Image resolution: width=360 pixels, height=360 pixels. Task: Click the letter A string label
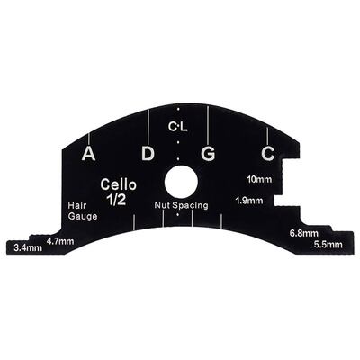click(x=89, y=154)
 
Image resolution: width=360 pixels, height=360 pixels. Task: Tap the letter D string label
click(x=148, y=154)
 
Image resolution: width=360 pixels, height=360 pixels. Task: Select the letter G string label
click(x=209, y=154)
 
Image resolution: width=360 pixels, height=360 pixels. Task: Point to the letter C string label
click(x=268, y=154)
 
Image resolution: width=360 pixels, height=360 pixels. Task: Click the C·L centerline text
click(x=178, y=128)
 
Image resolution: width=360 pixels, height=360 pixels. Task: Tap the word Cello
click(x=119, y=184)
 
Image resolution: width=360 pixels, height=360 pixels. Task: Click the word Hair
click(x=77, y=205)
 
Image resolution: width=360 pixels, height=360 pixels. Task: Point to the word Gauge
click(x=83, y=216)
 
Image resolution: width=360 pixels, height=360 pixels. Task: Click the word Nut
click(x=162, y=205)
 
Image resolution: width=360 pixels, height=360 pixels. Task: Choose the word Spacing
click(x=190, y=206)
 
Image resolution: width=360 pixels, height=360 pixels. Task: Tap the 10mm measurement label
click(x=259, y=179)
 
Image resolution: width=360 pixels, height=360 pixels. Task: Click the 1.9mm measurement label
click(x=249, y=201)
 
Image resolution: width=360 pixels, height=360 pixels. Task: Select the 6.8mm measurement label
click(x=304, y=233)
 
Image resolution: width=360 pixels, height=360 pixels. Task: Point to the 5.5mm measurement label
click(x=328, y=245)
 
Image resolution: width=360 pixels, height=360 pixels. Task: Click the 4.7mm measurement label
click(x=60, y=241)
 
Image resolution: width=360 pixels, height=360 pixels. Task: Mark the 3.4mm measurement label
click(x=28, y=248)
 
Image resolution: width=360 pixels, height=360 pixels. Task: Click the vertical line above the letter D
click(x=148, y=127)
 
